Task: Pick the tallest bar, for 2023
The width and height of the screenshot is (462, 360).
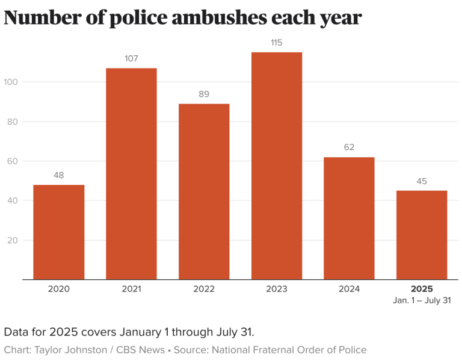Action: [x=277, y=166]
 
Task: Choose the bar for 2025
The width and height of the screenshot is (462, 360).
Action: [x=422, y=235]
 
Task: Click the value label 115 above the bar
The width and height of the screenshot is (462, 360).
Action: [x=277, y=43]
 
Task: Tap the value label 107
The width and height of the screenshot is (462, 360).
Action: [x=131, y=58]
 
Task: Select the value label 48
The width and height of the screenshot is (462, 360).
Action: [x=58, y=175]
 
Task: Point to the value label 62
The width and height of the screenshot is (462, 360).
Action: [x=349, y=147]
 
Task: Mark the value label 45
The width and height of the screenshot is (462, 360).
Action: [x=422, y=181]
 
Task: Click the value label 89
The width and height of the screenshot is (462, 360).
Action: [x=204, y=94]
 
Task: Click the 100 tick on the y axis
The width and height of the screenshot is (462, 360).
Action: [x=11, y=82]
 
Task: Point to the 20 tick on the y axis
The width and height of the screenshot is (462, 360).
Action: [x=14, y=240]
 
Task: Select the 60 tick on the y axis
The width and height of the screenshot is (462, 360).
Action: [x=14, y=161]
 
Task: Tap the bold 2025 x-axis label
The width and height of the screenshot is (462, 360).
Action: [x=422, y=289]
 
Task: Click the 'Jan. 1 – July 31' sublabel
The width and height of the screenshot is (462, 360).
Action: [x=422, y=300]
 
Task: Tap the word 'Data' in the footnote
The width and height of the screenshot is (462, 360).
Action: [x=17, y=332]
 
